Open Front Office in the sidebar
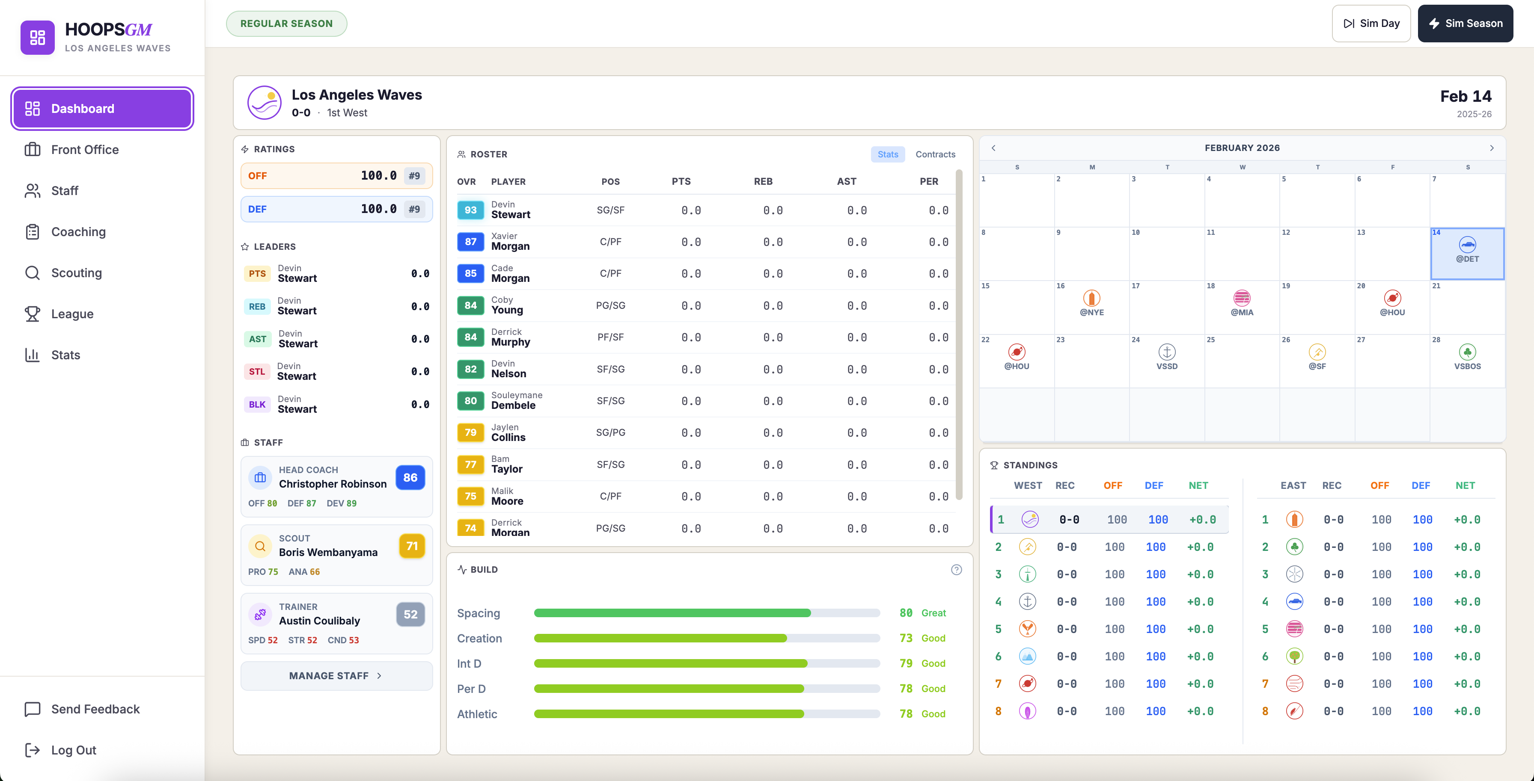coord(85,149)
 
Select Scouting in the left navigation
coord(76,272)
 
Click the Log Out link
coord(73,750)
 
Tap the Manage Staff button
coord(336,676)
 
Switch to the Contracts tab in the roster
coord(935,154)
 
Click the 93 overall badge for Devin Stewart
coord(470,210)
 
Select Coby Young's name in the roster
coord(507,305)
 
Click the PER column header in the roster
coord(928,181)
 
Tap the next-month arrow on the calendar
coord(1492,148)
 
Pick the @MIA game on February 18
coord(1242,303)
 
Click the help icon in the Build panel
coord(956,570)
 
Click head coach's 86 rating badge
coord(410,477)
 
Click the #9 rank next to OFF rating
coord(414,176)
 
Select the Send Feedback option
coord(95,709)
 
